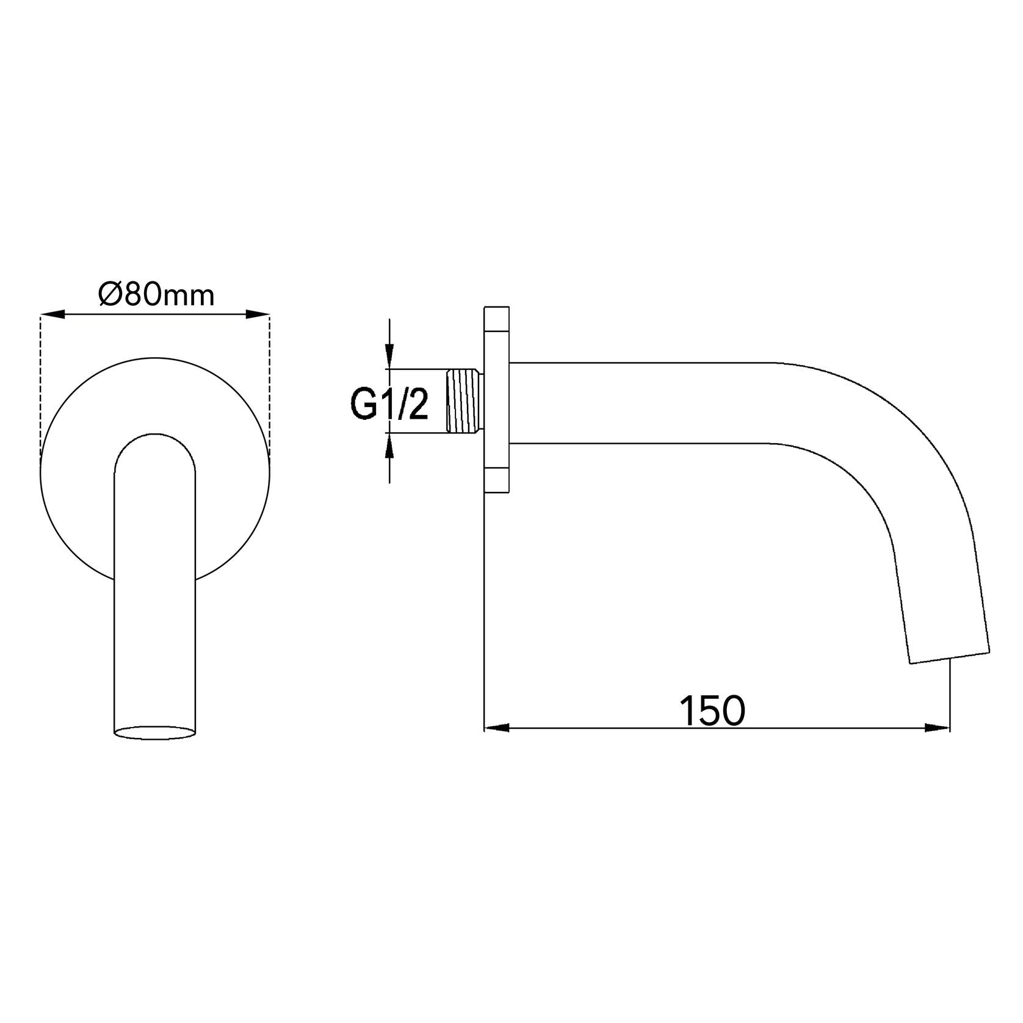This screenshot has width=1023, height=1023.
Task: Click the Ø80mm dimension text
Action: (156, 295)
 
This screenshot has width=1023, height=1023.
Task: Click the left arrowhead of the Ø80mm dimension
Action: (52, 315)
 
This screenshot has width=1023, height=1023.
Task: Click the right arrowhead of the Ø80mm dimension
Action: (257, 315)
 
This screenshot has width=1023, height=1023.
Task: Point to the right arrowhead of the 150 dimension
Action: (937, 728)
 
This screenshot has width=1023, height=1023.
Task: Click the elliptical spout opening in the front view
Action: (156, 732)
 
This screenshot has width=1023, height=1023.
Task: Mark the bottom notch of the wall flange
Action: (496, 480)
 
